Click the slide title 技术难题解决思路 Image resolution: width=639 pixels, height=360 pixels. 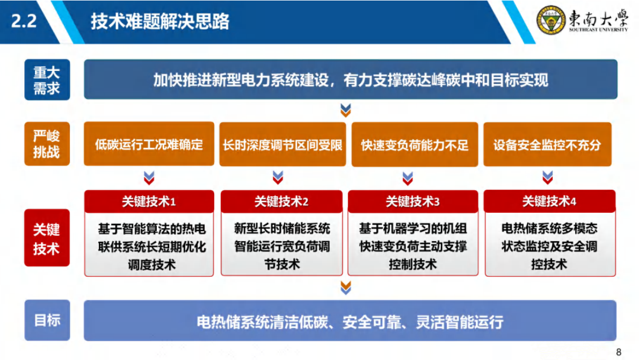159,21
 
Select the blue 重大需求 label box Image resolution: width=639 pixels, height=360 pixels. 47,80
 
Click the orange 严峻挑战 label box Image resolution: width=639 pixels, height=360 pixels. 47,144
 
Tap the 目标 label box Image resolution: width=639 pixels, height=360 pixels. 47,321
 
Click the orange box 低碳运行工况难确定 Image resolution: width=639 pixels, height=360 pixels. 149,145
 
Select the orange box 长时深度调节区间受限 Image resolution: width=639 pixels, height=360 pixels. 282,145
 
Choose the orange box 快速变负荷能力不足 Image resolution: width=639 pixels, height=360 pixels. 415,145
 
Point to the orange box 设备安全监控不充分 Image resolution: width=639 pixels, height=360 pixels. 547,145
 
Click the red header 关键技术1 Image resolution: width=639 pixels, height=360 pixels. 149,201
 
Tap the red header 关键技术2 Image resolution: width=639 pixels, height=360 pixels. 281,201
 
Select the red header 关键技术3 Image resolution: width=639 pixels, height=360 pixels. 412,201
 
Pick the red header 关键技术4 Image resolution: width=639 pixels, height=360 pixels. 549,201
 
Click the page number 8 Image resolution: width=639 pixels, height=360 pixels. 619,352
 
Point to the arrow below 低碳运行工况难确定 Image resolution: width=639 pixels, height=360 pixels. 149,177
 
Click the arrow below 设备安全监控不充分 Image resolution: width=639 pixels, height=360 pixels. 547,177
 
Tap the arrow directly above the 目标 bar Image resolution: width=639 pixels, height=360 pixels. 346,288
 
